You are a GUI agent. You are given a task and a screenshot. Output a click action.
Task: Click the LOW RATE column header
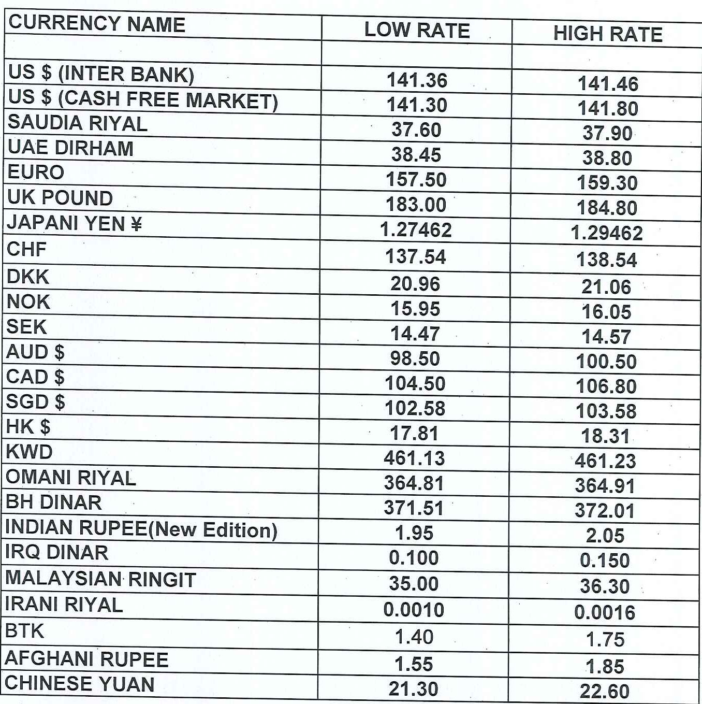pos(417,30)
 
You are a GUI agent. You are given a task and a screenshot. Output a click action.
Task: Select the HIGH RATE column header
pos(607,34)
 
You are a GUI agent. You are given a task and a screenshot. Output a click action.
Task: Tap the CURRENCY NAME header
pos(97,24)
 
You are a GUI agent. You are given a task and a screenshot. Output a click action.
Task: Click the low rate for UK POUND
pos(416,205)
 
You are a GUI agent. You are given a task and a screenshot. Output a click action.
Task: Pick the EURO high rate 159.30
pos(607,183)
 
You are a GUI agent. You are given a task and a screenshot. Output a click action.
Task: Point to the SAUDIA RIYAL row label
pos(78,123)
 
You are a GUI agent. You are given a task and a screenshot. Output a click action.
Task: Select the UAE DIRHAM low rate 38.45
pos(416,154)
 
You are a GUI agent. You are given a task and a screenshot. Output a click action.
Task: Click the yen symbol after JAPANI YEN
pos(136,224)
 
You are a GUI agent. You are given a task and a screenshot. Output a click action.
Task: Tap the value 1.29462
pos(607,233)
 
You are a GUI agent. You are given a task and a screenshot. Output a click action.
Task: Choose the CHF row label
pos(27,249)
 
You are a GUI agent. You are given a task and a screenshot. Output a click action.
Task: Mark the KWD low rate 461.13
pos(414,458)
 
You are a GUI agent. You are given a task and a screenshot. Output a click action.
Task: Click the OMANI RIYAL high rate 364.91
pos(605,485)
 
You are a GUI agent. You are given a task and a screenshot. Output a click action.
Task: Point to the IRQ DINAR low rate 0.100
pos(414,558)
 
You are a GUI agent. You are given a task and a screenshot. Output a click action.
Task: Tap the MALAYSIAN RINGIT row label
pos(100,579)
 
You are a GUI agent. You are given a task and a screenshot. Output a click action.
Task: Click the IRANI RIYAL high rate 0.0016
pos(605,612)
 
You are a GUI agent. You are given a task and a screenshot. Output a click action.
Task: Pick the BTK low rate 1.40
pos(414,637)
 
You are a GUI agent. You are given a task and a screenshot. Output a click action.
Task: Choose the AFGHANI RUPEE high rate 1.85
pos(605,666)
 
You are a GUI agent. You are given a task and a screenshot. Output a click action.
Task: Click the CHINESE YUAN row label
pos(80,684)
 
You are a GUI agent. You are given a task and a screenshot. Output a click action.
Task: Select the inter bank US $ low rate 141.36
pos(417,80)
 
